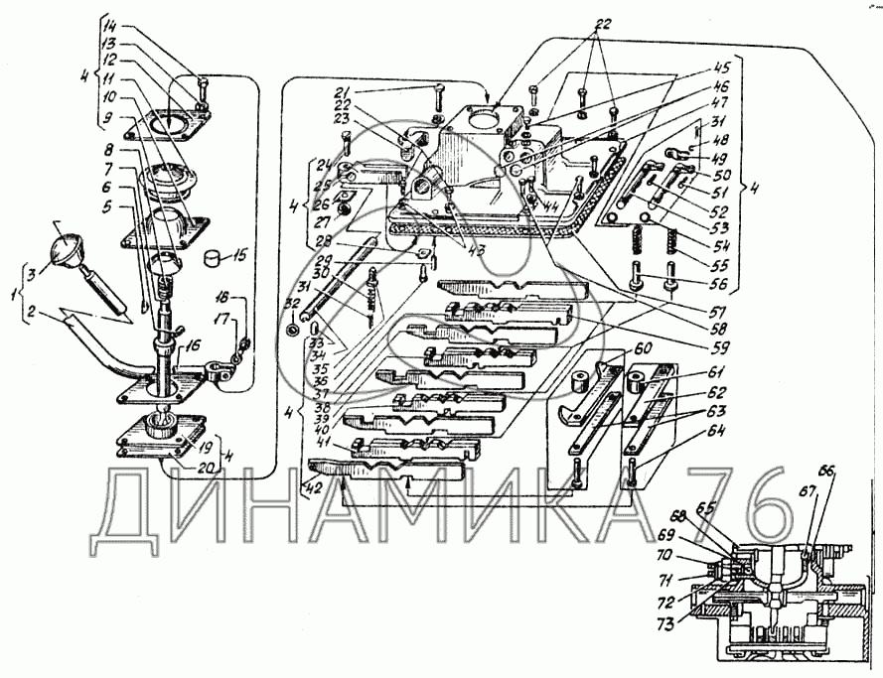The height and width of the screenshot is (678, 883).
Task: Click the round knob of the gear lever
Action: (x=69, y=244)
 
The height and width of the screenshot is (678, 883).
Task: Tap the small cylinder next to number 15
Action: (x=212, y=259)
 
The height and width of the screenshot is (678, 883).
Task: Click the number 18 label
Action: (x=224, y=297)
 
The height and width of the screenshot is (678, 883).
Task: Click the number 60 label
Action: (x=644, y=349)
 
